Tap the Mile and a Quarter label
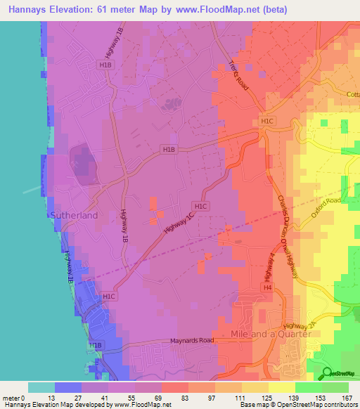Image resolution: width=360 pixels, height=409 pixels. [271, 334]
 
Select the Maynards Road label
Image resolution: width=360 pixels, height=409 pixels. [191, 342]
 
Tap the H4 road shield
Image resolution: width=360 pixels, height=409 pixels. [267, 288]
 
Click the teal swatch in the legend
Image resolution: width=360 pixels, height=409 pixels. [41, 387]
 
